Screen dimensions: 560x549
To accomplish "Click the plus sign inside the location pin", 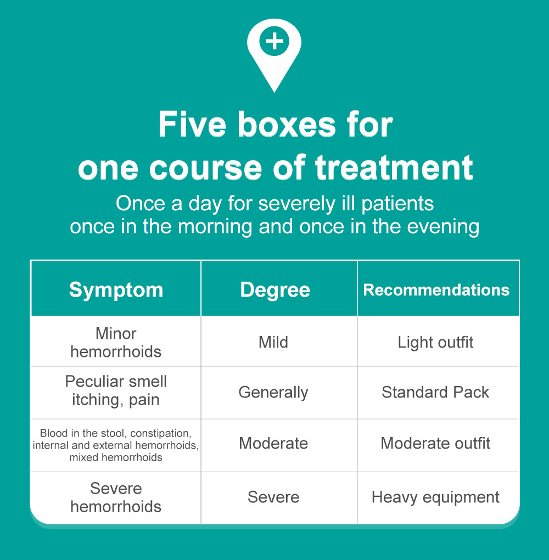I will pyautogui.click(x=274, y=42).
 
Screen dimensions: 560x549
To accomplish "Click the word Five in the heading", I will pyautogui.click(x=191, y=125).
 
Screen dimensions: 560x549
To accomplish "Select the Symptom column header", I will pyautogui.click(x=116, y=290).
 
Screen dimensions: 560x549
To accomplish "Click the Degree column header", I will pyautogui.click(x=275, y=290).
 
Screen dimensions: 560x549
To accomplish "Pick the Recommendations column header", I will pyautogui.click(x=436, y=290).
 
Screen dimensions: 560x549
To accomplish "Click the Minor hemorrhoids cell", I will pyautogui.click(x=116, y=342).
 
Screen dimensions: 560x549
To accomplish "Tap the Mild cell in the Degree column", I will pyautogui.click(x=273, y=343).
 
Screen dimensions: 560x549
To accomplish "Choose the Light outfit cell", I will pyautogui.click(x=435, y=343).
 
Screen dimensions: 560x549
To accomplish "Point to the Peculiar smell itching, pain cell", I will pyautogui.click(x=116, y=391).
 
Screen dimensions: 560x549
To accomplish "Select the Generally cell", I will pyautogui.click(x=273, y=393).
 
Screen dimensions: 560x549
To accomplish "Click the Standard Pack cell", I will pyautogui.click(x=435, y=393).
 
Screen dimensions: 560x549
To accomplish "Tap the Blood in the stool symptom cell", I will pyautogui.click(x=116, y=445).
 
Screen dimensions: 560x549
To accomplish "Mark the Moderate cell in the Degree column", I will pyautogui.click(x=273, y=444).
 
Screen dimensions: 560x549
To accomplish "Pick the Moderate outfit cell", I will pyautogui.click(x=435, y=444).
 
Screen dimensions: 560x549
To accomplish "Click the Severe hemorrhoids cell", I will pyautogui.click(x=116, y=497).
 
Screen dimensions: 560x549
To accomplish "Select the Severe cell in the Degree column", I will pyautogui.click(x=273, y=497).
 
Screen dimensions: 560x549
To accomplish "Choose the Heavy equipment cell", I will pyautogui.click(x=435, y=497).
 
